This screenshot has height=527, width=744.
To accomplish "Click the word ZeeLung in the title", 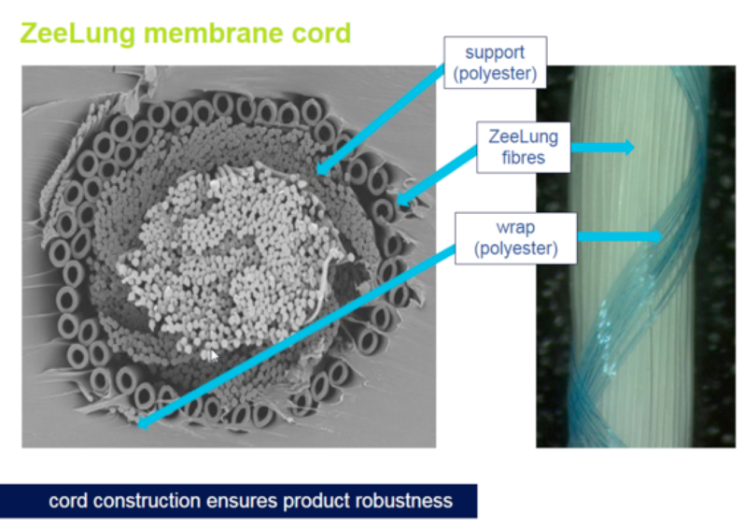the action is tap(77, 34).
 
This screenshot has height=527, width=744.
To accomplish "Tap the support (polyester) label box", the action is tap(495, 63).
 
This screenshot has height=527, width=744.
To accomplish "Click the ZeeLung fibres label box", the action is tap(524, 147).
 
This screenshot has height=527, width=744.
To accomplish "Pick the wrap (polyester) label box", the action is tap(516, 238).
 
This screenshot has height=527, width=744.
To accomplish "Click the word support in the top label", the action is tap(495, 52).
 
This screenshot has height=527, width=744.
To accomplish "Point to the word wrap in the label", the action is tap(516, 227).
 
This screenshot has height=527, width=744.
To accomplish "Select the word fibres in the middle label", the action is tap(524, 157).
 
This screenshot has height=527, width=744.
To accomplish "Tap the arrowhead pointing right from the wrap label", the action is tap(657, 235).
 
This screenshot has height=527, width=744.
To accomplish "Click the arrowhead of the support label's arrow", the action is tap(322, 168).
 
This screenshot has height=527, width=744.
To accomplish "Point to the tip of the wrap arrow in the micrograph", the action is tap(138, 425).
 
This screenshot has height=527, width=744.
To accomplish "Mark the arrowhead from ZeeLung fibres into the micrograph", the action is tap(402, 200).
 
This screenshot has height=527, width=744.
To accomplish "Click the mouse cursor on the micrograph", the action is tap(214, 356).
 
